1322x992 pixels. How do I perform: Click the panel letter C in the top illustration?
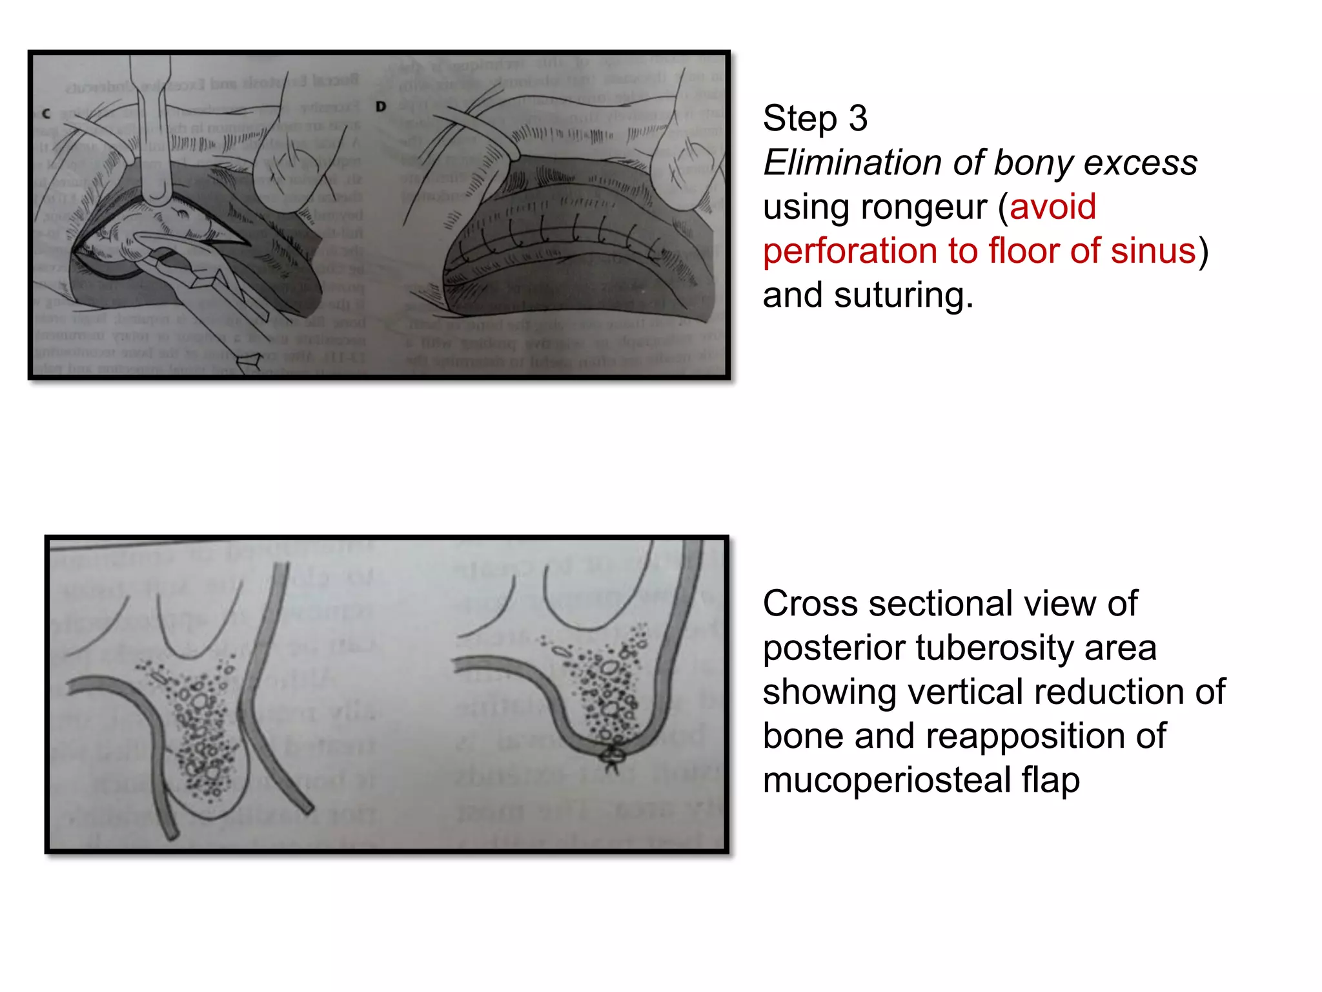[46, 114]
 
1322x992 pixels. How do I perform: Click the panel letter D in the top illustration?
[381, 106]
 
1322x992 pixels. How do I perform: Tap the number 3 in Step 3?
[858, 119]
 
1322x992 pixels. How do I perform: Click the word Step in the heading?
[799, 119]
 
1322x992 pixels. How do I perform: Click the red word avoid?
[1052, 207]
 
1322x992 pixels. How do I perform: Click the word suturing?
[903, 295]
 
